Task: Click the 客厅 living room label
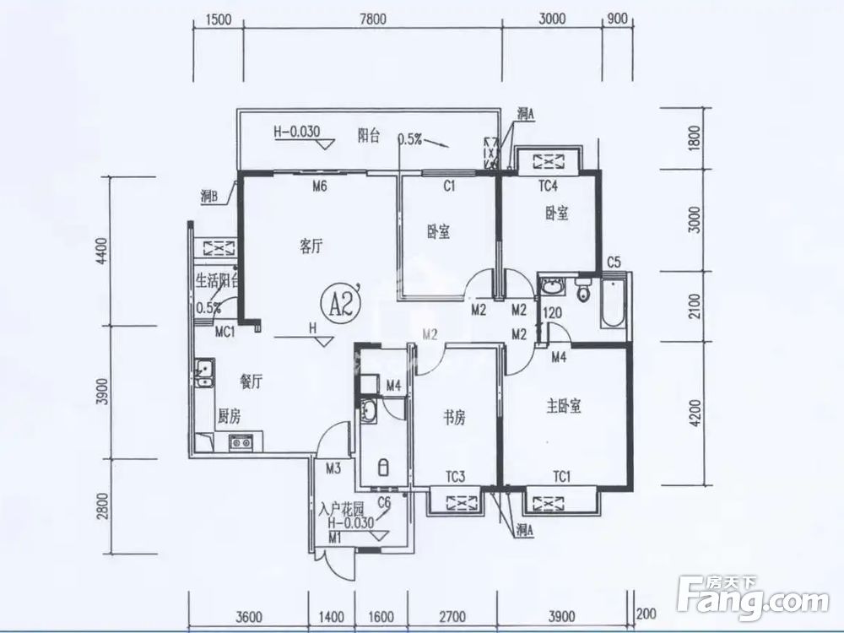click(312, 246)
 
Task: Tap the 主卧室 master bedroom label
click(564, 406)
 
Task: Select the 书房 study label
click(454, 416)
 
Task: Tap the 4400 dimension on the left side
click(102, 251)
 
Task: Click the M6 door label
click(319, 187)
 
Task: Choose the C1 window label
click(449, 187)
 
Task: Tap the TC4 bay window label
click(549, 187)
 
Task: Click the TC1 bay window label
click(561, 478)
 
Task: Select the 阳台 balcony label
click(368, 135)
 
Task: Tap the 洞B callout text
click(210, 197)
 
